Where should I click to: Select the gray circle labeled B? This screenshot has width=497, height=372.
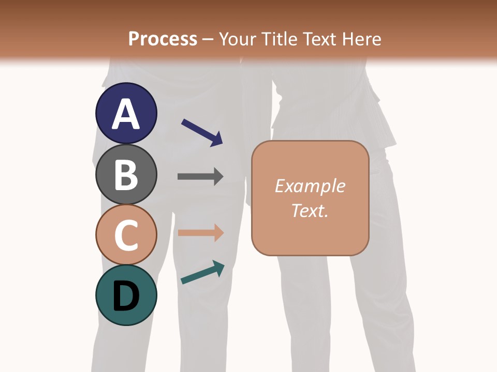[x=126, y=174]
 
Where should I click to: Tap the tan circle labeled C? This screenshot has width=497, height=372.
[x=126, y=235]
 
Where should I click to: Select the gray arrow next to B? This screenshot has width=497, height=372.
[x=200, y=176]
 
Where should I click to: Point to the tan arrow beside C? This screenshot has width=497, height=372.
[x=200, y=233]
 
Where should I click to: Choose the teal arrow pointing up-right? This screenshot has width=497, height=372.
[x=202, y=272]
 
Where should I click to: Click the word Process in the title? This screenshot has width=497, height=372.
[x=163, y=39]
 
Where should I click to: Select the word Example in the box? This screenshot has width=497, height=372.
[x=310, y=185]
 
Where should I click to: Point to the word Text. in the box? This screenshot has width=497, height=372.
[x=310, y=210]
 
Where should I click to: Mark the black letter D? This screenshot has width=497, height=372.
[x=126, y=297]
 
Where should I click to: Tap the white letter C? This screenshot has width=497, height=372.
[x=126, y=236]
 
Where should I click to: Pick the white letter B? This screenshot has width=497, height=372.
[x=126, y=175]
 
